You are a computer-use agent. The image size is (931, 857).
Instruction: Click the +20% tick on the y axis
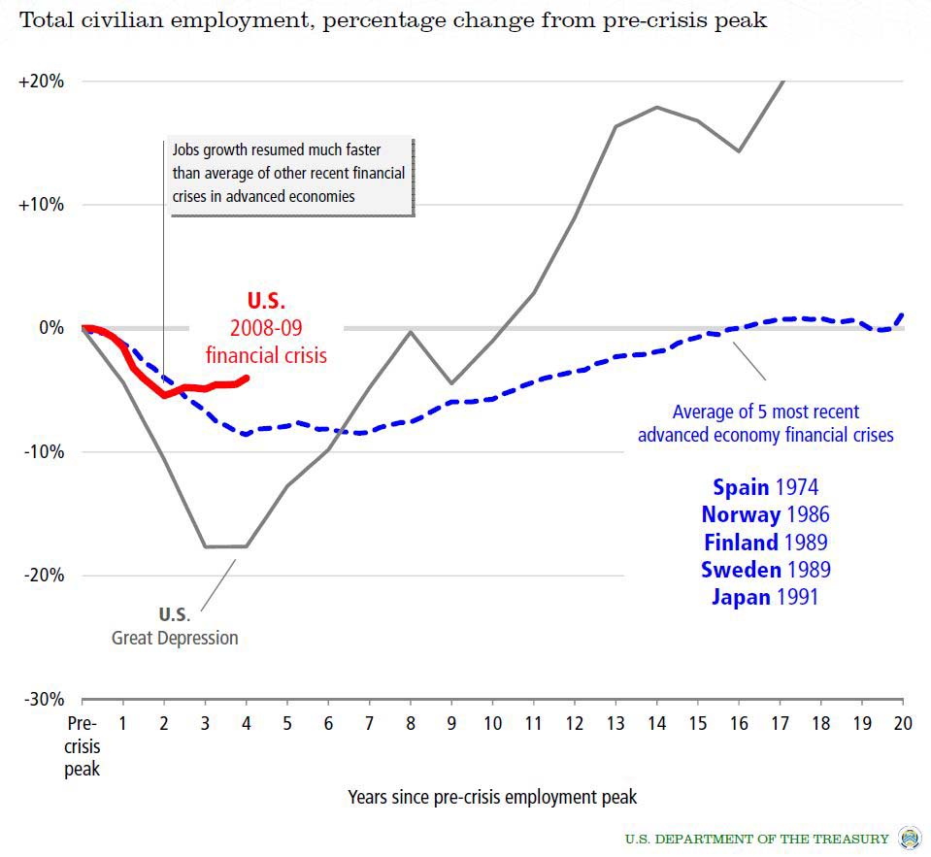(41, 82)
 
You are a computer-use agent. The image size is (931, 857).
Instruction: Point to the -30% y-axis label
(42, 699)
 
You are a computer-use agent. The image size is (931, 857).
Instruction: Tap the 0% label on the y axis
(50, 328)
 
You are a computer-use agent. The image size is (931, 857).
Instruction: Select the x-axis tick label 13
(615, 723)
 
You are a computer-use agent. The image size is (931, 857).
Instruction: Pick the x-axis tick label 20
(903, 723)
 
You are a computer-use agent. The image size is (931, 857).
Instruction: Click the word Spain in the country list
(741, 487)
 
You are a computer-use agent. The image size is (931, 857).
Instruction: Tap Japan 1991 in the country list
(765, 596)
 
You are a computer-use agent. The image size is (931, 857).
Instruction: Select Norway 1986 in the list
(765, 514)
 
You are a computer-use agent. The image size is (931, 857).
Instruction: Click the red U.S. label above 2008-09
(266, 301)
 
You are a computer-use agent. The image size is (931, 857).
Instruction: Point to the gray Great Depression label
(175, 638)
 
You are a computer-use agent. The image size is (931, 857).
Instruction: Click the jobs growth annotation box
(288, 174)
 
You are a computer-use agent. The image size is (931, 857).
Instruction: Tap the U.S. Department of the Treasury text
(756, 839)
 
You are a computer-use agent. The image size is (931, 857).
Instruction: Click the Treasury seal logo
(910, 838)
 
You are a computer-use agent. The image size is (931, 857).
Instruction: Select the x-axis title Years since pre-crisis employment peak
(492, 797)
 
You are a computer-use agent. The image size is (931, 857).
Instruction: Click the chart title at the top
(393, 20)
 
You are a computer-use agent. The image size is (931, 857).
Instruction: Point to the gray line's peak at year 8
(411, 332)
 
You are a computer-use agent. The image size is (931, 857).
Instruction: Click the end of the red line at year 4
(247, 378)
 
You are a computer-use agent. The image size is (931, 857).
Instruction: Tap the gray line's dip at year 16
(739, 151)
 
